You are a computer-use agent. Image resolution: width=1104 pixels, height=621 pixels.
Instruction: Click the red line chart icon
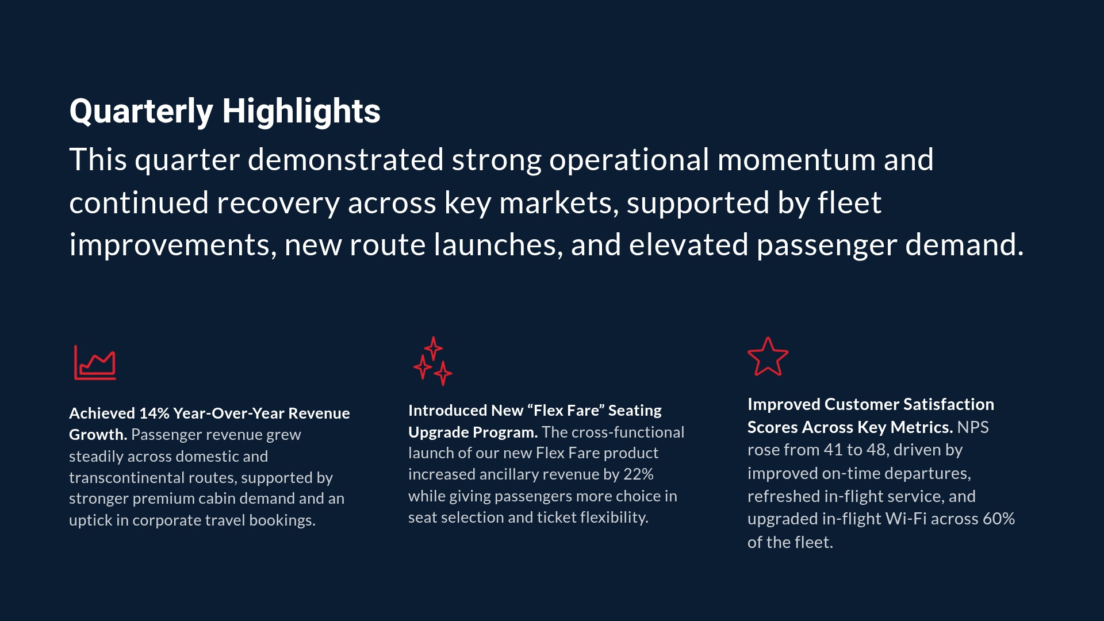coord(95,362)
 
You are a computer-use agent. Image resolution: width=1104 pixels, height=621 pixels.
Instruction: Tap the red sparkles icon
coord(433,361)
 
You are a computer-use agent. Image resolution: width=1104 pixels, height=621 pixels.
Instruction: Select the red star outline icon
coord(768,357)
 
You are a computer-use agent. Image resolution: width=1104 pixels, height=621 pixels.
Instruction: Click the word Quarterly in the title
coord(141,111)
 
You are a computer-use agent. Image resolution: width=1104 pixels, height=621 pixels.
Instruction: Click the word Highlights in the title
coord(301,111)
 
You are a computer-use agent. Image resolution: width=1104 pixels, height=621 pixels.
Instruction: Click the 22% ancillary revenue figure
coord(638,474)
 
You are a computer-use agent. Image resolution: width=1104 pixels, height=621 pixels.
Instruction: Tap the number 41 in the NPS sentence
coord(833,450)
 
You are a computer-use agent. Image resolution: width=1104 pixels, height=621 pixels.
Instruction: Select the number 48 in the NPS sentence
coord(876,450)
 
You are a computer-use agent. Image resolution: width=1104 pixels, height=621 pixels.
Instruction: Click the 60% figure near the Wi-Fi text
coord(999,519)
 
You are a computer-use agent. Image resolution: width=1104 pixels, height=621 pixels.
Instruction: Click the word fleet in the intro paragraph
coord(849,203)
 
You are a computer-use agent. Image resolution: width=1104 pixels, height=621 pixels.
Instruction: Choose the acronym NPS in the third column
coord(973,427)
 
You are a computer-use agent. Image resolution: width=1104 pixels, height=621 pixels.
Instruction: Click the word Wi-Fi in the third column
coord(906,519)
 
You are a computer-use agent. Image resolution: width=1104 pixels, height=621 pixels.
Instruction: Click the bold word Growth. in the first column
coord(98,435)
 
